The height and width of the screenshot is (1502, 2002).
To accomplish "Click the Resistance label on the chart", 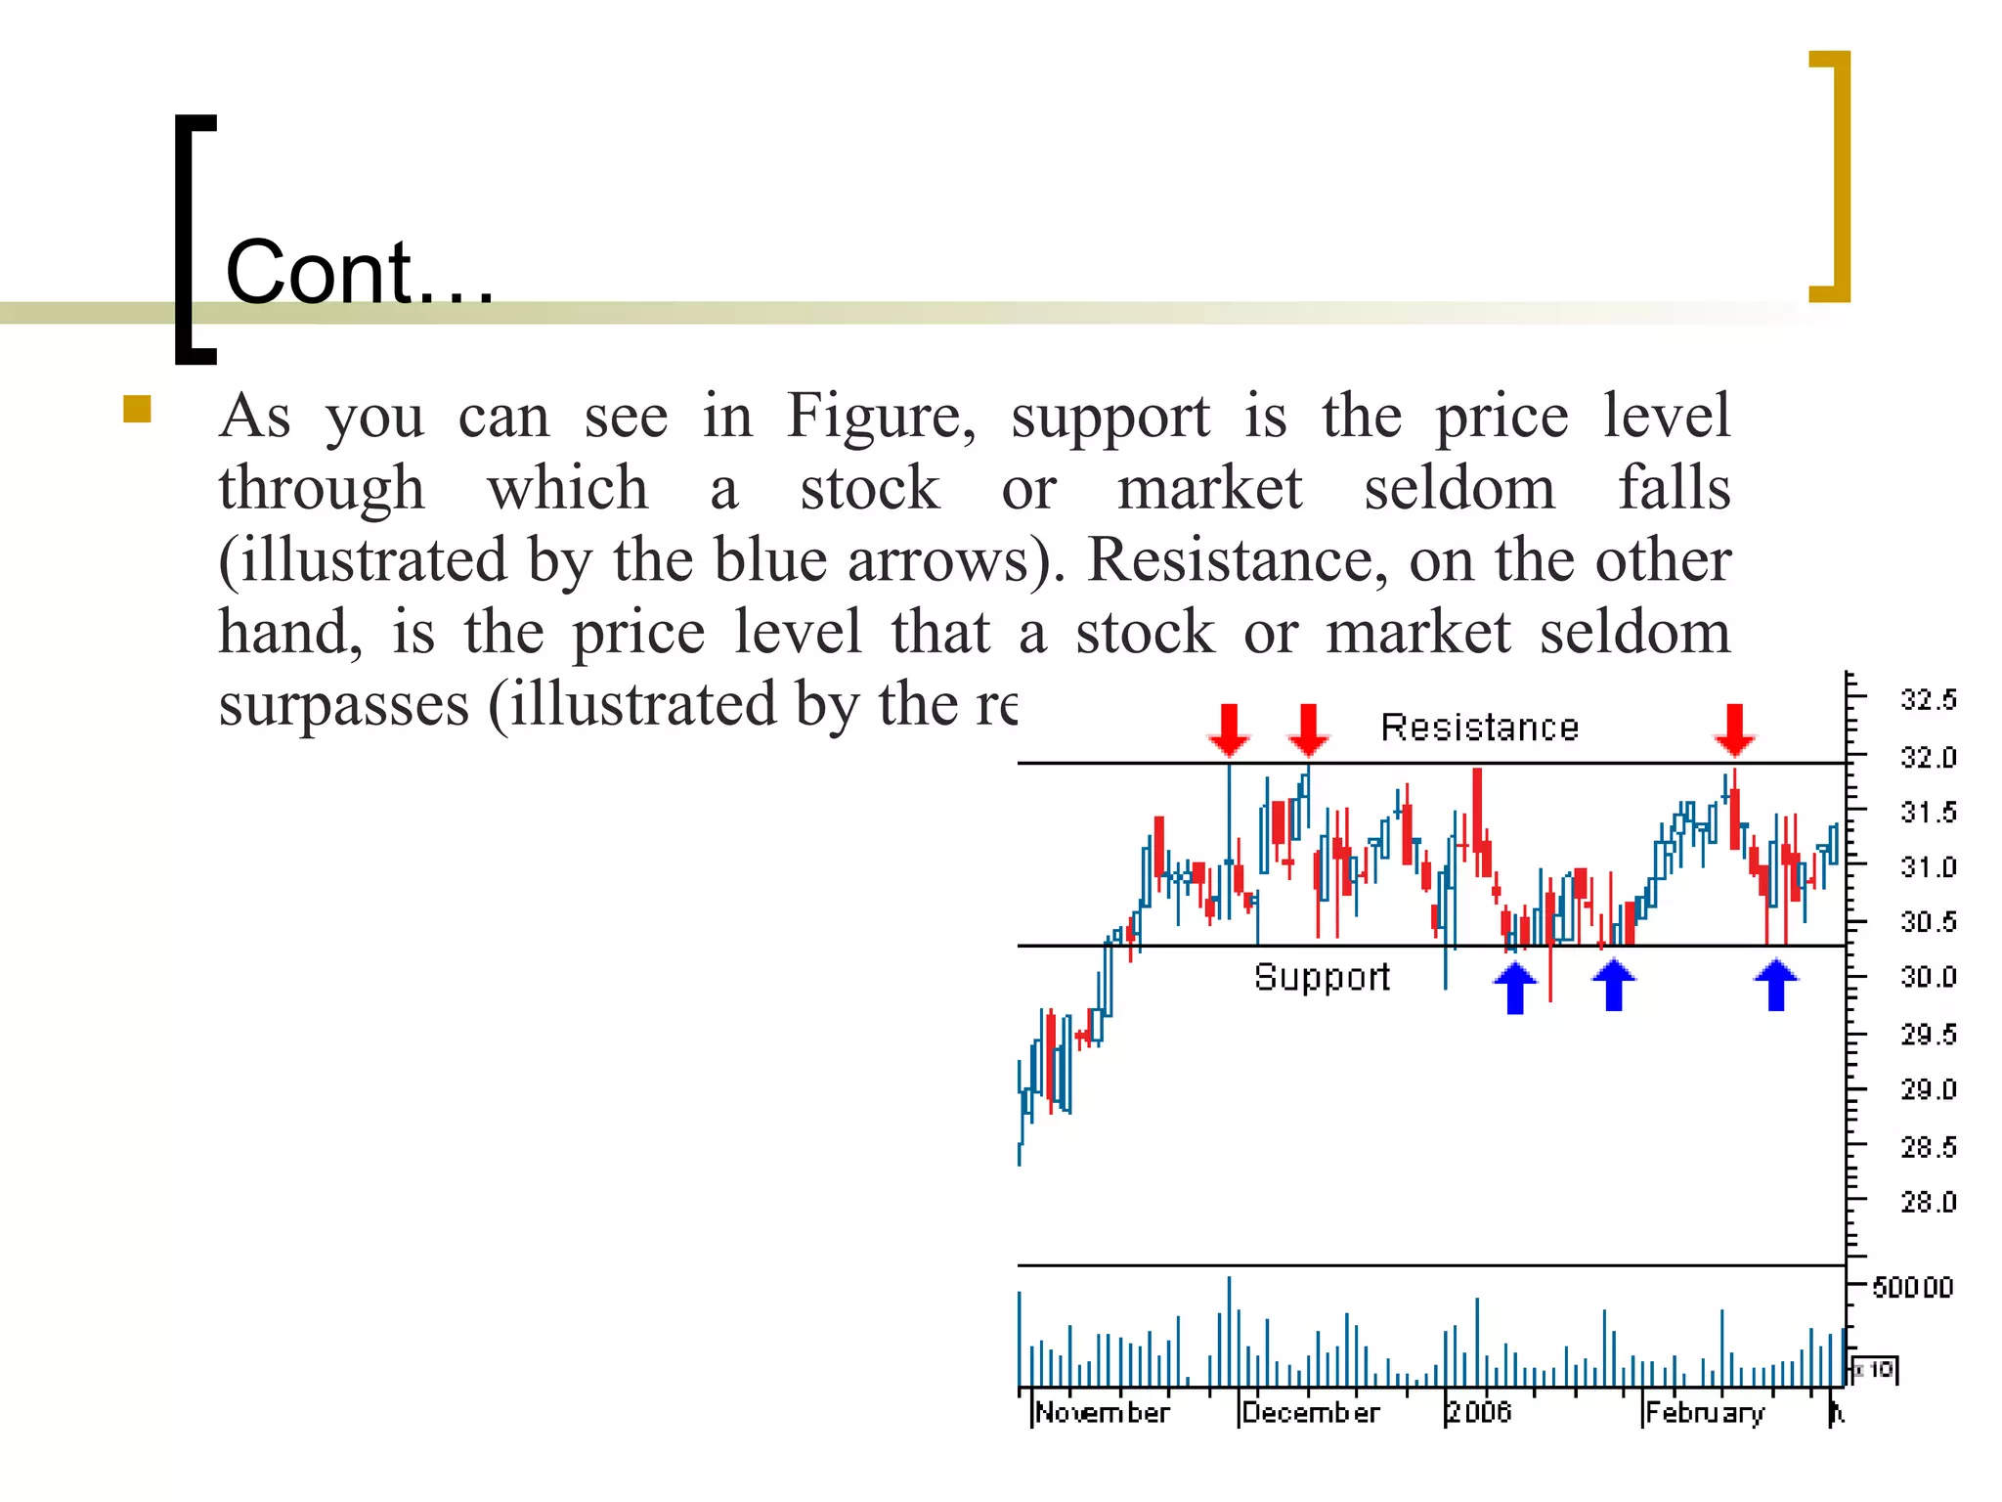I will tap(1479, 728).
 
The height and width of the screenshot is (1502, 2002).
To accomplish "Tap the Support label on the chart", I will tap(1322, 977).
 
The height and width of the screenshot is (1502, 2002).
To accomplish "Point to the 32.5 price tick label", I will tap(1928, 700).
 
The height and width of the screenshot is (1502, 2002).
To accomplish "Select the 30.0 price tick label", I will tap(1928, 977).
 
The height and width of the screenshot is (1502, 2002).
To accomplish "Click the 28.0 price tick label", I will tap(1928, 1202).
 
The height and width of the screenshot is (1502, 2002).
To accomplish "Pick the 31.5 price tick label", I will tap(1928, 812).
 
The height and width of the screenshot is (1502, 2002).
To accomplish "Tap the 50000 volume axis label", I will tap(1912, 1287).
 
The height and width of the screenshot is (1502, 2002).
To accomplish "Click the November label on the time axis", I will tap(1102, 1413).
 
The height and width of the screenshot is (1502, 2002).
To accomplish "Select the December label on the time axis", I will tap(1310, 1413).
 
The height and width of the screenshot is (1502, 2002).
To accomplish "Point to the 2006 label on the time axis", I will tap(1479, 1412).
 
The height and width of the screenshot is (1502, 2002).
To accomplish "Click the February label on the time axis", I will tap(1705, 1413).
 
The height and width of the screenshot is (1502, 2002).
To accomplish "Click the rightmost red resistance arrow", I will tap(1735, 729).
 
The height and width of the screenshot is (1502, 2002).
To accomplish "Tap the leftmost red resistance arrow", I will tap(1229, 729).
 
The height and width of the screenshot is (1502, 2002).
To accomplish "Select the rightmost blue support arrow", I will tap(1776, 984).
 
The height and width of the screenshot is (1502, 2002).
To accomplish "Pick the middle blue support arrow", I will tap(1614, 984).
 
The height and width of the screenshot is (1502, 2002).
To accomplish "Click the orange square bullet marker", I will tap(137, 409).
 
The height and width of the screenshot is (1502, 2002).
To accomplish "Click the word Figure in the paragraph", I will tap(881, 416).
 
